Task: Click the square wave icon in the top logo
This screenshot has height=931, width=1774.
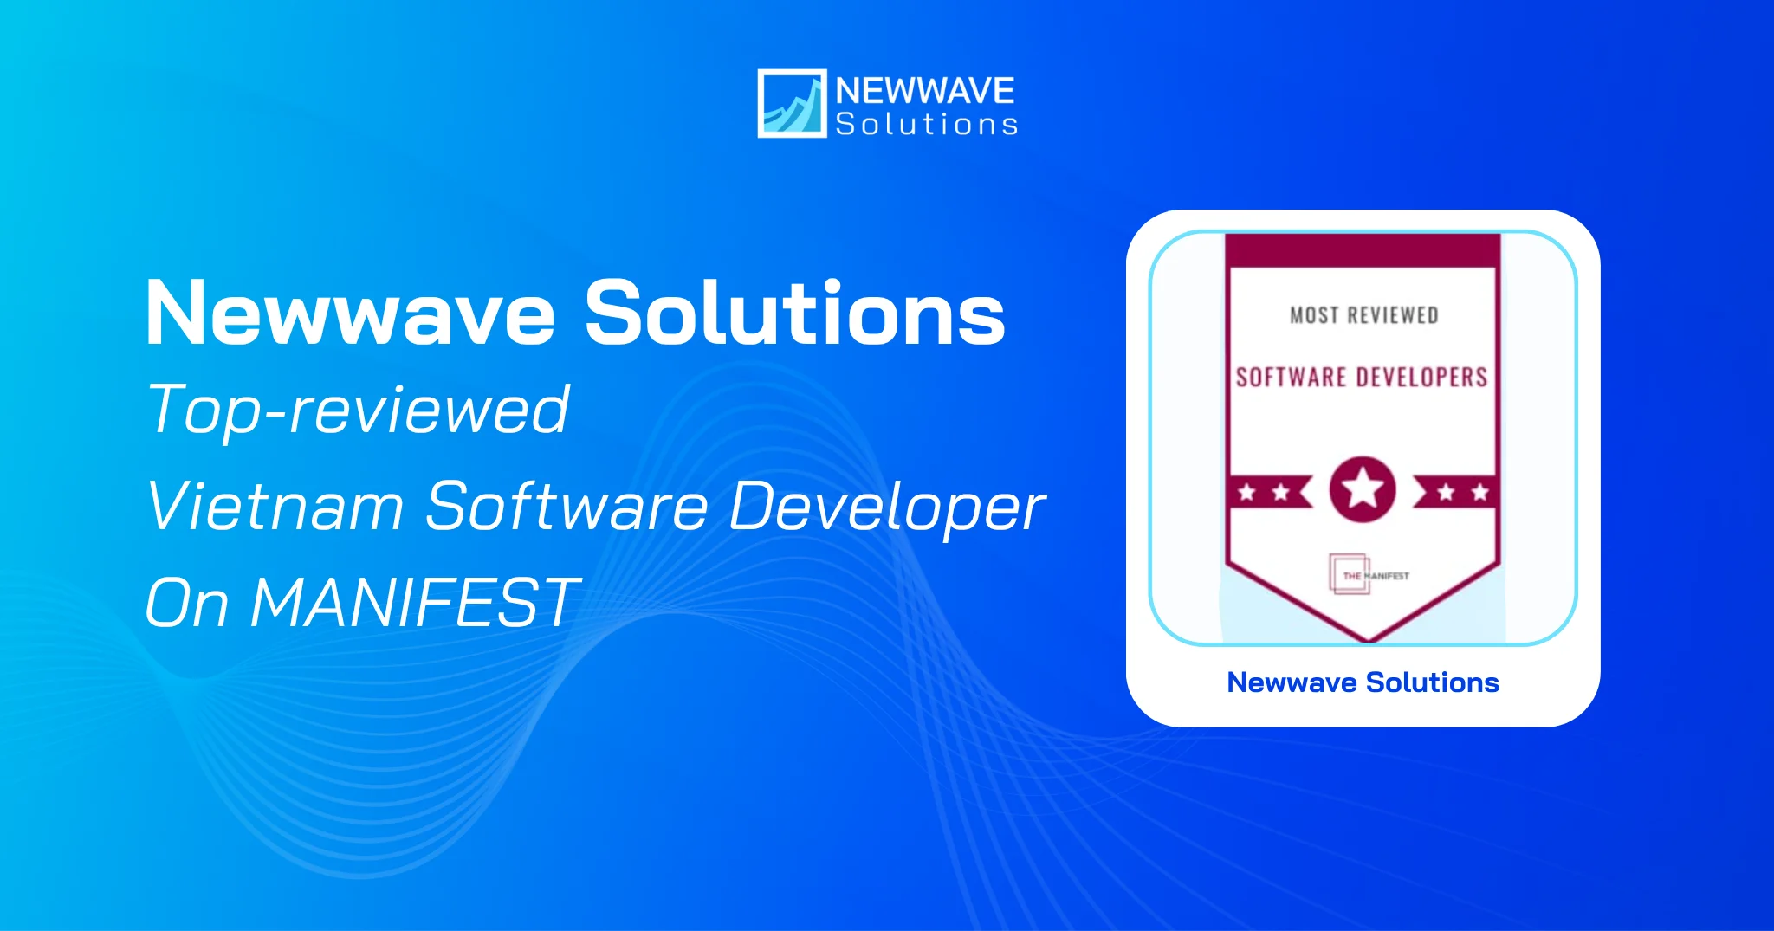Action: (792, 103)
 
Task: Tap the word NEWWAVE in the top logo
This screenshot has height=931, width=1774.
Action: (925, 91)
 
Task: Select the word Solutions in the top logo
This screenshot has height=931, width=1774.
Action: (926, 125)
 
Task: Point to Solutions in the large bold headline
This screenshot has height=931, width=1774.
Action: (795, 314)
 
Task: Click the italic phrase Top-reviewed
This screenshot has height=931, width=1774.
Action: (358, 411)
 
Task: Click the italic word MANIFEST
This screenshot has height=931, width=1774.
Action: (414, 603)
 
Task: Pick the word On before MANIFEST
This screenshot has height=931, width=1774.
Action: (187, 603)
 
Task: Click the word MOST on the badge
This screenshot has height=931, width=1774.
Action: (1313, 316)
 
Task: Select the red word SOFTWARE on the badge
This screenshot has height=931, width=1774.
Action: (1291, 378)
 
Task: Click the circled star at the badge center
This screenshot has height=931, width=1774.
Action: (1363, 489)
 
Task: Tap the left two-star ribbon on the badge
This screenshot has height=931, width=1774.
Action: (1266, 493)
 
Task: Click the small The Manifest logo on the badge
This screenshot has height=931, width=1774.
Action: (1369, 575)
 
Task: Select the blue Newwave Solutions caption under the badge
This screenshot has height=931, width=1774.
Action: (1363, 682)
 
